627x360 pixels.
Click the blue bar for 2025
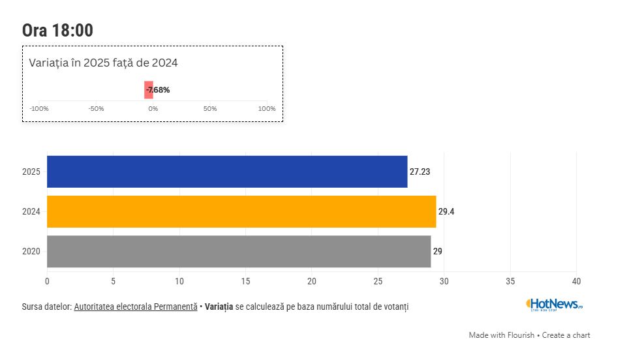(227, 172)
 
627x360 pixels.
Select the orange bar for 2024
(241, 211)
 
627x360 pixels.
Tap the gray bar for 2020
(239, 251)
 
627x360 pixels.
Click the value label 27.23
(420, 172)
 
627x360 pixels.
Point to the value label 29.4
(446, 212)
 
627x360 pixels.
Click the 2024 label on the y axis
(31, 212)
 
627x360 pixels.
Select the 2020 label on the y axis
(31, 252)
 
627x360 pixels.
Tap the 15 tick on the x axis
(245, 281)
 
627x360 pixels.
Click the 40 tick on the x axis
(576, 281)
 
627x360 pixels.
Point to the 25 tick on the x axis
(378, 281)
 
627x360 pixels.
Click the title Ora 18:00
(57, 31)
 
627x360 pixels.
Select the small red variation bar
(149, 90)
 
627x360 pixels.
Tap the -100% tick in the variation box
(39, 108)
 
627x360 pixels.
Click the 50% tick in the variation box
(210, 108)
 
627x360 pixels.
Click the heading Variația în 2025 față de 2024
(104, 63)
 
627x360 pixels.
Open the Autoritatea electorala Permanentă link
(135, 307)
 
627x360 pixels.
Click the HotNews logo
(554, 304)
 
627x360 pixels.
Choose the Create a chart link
(566, 335)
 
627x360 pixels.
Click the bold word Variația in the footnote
(219, 307)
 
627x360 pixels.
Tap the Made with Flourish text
(501, 335)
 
